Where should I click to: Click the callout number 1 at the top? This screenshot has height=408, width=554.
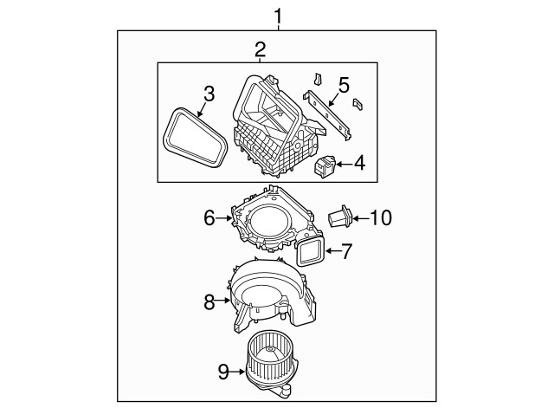tap(277, 15)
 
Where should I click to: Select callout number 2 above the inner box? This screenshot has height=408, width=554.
tap(260, 49)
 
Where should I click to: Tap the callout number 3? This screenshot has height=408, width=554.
tap(208, 93)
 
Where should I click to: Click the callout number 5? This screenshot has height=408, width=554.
tap(343, 85)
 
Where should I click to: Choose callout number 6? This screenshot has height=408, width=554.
tap(209, 218)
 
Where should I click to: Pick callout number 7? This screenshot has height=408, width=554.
tap(346, 252)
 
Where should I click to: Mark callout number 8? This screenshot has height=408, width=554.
tap(209, 302)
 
